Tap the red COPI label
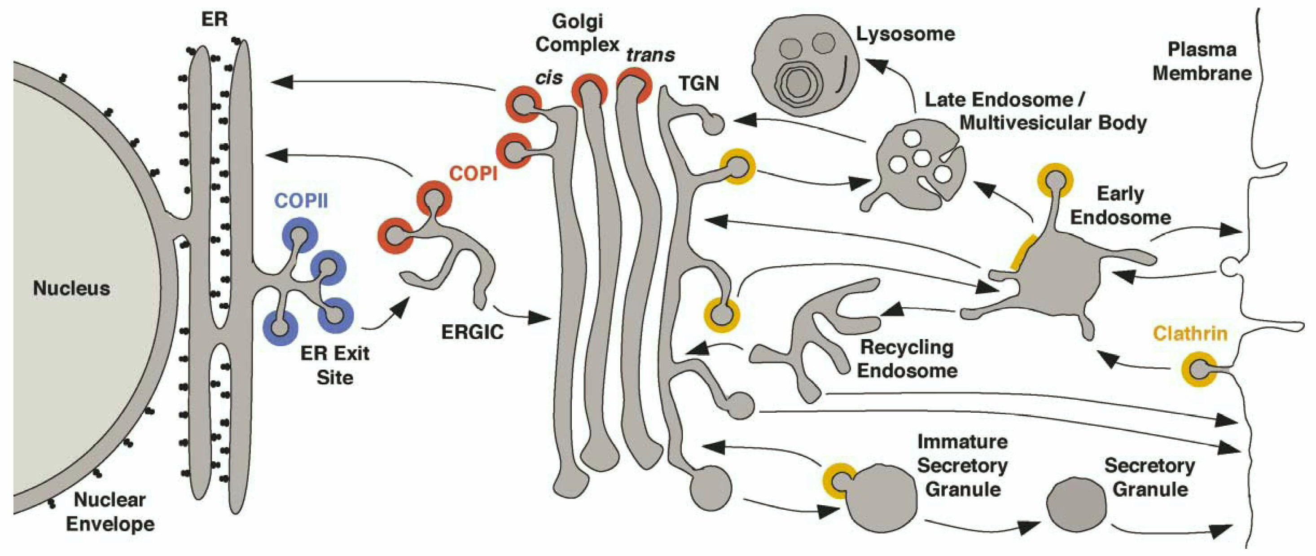pyautogui.click(x=473, y=174)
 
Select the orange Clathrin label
pyautogui.click(x=1190, y=334)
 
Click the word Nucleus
pyautogui.click(x=71, y=288)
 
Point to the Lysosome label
pyautogui.click(x=905, y=34)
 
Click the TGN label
pyautogui.click(x=698, y=83)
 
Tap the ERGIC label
pyautogui.click(x=472, y=332)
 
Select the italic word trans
pyautogui.click(x=650, y=55)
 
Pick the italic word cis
pyautogui.click(x=549, y=78)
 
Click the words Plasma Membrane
pyautogui.click(x=1202, y=62)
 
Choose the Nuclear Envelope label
pyautogui.click(x=110, y=512)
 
